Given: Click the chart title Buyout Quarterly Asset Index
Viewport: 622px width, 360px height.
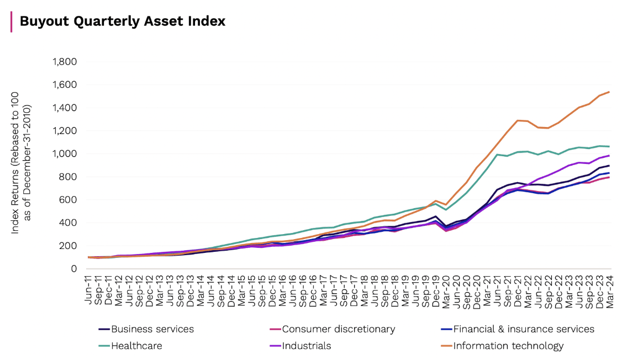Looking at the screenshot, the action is [123, 22].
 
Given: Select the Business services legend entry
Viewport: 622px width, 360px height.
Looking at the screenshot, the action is [146, 329].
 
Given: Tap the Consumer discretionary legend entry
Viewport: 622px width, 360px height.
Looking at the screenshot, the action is [333, 329].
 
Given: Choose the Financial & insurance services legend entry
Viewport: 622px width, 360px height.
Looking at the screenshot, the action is [518, 329].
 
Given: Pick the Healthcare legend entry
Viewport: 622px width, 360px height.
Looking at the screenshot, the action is [130, 346].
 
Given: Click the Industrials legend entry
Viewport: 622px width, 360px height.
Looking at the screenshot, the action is [301, 346].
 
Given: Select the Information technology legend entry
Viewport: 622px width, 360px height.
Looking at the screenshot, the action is [502, 346].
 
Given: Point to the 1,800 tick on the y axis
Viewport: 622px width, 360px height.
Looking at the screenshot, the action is [65, 62].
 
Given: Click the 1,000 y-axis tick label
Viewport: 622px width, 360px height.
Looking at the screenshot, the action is [65, 154].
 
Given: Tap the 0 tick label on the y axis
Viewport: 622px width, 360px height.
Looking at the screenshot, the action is [74, 269].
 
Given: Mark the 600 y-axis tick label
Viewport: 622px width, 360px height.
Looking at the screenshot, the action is [68, 200].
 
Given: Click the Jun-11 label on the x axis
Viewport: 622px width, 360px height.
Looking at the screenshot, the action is [88, 290].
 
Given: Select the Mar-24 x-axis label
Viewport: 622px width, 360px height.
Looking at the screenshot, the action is [609, 291].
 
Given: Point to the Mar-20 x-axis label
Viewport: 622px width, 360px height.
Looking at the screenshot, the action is [446, 291].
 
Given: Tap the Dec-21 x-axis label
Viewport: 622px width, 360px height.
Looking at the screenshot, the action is [517, 291].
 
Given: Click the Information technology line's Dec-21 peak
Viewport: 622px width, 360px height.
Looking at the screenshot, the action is [517, 120].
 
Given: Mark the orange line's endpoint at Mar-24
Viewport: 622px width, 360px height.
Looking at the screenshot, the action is [609, 92].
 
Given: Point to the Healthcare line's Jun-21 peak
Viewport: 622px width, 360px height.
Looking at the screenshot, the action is [497, 155].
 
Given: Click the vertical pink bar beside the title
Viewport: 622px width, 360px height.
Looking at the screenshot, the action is [12, 22].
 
